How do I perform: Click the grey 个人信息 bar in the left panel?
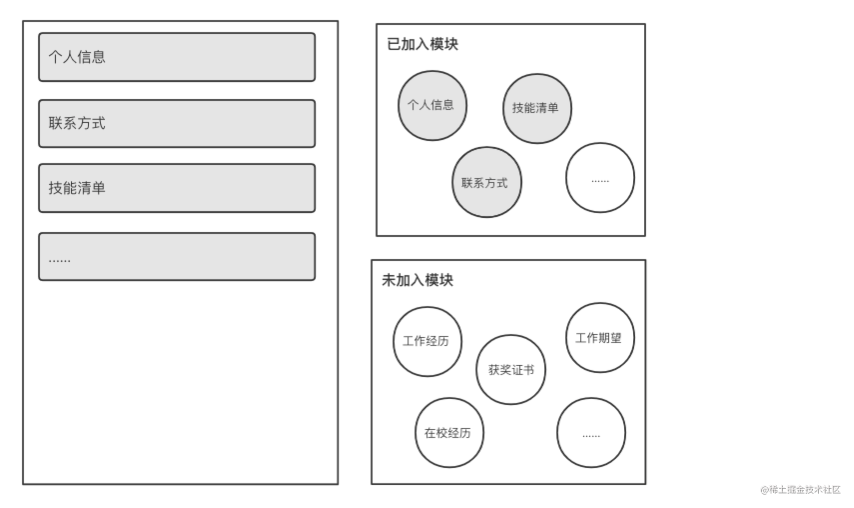click(177, 57)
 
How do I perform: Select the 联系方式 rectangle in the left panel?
click(177, 123)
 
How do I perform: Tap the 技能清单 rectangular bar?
click(177, 188)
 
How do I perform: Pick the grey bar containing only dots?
click(177, 256)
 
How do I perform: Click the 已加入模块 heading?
click(423, 44)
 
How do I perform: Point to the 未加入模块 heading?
click(418, 280)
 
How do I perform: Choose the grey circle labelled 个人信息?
click(432, 105)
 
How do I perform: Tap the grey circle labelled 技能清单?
click(537, 108)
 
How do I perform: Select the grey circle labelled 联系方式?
click(486, 182)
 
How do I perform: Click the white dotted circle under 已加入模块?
click(600, 178)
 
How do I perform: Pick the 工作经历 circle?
click(427, 341)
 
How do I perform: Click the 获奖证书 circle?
click(511, 370)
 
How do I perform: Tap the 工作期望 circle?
click(600, 338)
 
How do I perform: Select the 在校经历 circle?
click(449, 433)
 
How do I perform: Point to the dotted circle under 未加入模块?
click(591, 433)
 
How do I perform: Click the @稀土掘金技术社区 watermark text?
click(801, 490)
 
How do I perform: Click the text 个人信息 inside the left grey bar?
click(77, 57)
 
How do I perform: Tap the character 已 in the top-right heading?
click(393, 44)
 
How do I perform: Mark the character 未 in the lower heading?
click(388, 280)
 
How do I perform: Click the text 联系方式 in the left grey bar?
click(77, 123)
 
